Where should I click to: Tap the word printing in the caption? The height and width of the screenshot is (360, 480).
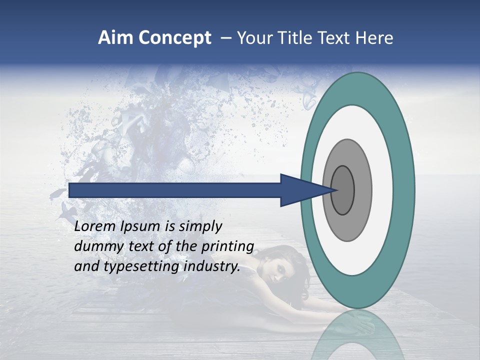[x=228, y=247]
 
